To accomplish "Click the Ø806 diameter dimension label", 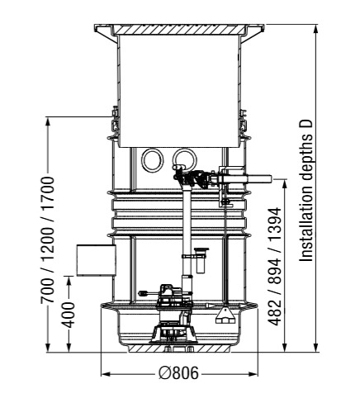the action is [x=178, y=374].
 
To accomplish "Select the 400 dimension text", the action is [x=68, y=315].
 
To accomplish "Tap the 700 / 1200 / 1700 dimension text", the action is [x=47, y=240].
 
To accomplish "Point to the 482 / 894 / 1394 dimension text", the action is [x=275, y=267].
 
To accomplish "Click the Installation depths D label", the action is [x=306, y=191].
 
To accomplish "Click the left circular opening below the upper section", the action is [x=152, y=160].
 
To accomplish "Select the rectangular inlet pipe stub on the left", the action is [x=97, y=260].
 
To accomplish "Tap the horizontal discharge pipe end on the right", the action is [x=258, y=179].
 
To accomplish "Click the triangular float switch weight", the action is [x=225, y=315].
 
